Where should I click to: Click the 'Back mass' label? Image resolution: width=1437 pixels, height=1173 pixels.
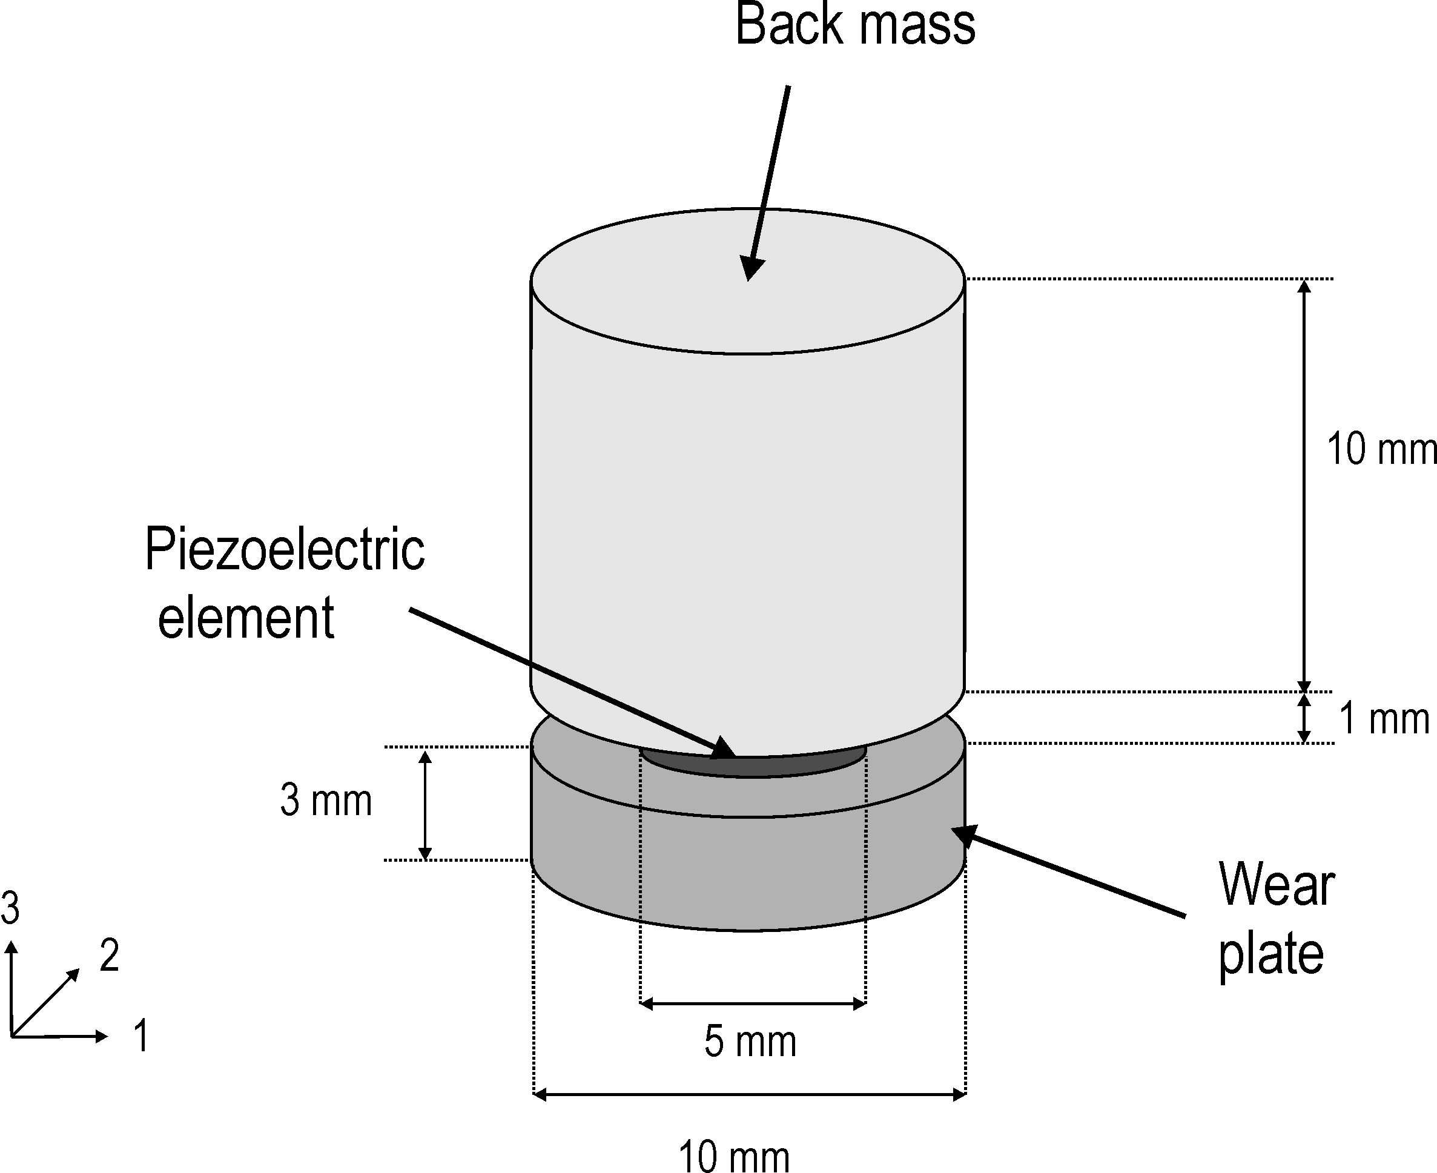pos(854,25)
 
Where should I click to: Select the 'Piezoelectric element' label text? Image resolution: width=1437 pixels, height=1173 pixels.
pos(284,583)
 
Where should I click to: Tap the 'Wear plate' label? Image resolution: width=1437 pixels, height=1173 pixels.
pos(1275,919)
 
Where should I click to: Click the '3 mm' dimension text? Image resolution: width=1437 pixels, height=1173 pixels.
pos(326,801)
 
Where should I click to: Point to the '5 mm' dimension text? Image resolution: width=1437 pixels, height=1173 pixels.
pos(750,1041)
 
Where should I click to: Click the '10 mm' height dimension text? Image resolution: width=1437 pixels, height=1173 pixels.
pos(1381,449)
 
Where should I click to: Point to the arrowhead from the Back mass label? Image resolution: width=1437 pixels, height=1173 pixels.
pos(750,269)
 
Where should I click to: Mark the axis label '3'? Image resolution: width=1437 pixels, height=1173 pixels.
pos(10,907)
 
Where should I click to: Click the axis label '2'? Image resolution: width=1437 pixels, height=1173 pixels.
pos(110,956)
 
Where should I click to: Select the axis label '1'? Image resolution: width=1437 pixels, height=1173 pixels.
pos(140,1035)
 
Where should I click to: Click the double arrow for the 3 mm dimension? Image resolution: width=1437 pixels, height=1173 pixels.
pos(425,805)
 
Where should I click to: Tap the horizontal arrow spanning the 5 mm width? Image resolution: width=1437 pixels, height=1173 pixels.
pos(753,1003)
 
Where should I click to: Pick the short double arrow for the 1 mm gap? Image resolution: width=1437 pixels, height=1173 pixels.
pos(1304,718)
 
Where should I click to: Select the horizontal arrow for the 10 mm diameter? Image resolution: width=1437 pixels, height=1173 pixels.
pos(749,1095)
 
